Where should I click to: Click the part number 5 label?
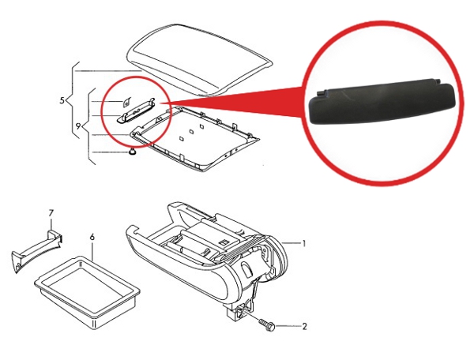(62, 100)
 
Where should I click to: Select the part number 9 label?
(78, 126)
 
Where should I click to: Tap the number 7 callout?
(51, 213)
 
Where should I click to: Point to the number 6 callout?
(92, 238)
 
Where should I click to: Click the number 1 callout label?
(304, 243)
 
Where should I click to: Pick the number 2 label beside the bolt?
(305, 327)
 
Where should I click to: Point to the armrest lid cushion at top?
(199, 58)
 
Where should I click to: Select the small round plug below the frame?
(132, 152)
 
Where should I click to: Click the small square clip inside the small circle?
(126, 103)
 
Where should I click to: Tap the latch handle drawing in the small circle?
(137, 111)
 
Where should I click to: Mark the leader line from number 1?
(291, 243)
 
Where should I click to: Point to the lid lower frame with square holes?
(195, 137)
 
